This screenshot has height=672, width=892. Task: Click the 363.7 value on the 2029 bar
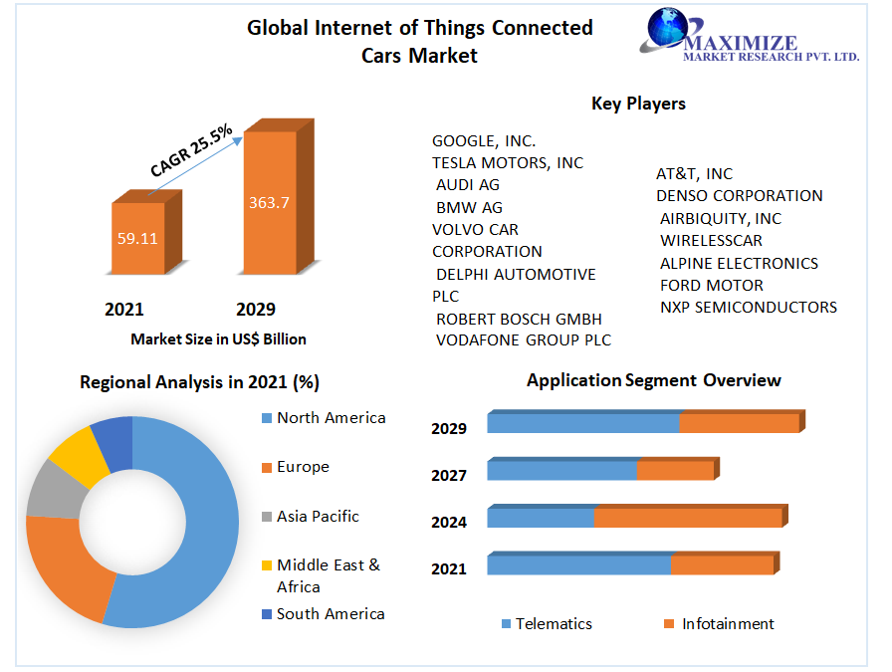269,203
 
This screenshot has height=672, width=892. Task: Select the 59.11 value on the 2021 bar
137,238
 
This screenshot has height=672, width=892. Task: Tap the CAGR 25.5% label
191,150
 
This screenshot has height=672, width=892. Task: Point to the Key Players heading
638,104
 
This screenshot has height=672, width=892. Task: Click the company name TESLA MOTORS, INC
508,162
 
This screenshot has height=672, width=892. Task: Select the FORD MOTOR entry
712,285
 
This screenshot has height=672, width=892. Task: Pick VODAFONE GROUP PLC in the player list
524,340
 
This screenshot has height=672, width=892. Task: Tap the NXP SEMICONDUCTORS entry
749,307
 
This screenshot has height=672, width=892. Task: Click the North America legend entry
331,418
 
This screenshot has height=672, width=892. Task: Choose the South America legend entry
331,614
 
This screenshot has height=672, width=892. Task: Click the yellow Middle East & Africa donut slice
72,455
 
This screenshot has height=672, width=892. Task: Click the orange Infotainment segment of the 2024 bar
687,518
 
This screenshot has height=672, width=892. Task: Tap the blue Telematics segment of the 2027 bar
561,470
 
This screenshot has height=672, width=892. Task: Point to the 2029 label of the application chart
449,429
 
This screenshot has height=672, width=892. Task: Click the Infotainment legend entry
727,624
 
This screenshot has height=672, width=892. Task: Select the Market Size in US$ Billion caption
218,339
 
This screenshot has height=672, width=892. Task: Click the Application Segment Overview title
654,380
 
